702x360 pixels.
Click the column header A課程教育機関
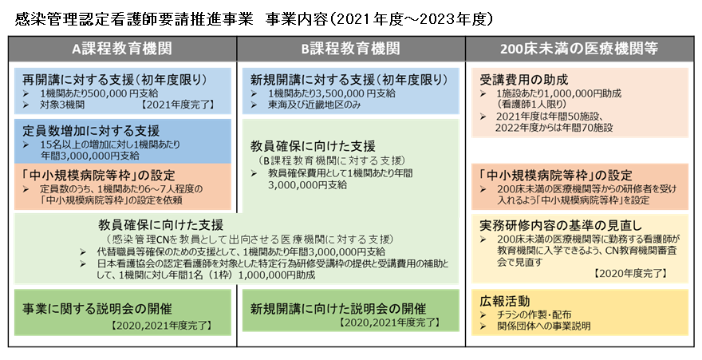click(122, 49)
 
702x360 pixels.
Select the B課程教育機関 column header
click(350, 49)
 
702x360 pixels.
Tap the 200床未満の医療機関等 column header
click(579, 49)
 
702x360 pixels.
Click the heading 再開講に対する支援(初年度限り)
click(115, 80)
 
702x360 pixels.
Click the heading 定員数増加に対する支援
click(91, 131)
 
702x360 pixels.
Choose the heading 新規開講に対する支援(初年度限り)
click(349, 80)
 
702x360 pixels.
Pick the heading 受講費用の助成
click(523, 80)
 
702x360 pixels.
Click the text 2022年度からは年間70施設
click(554, 128)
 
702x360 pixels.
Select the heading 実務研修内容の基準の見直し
click(561, 224)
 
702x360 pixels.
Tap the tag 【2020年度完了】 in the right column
click(630, 273)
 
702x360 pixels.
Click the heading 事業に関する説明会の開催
click(97, 308)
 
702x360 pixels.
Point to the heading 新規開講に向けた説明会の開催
click(338, 308)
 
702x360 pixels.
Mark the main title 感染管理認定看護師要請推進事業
click(134, 19)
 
